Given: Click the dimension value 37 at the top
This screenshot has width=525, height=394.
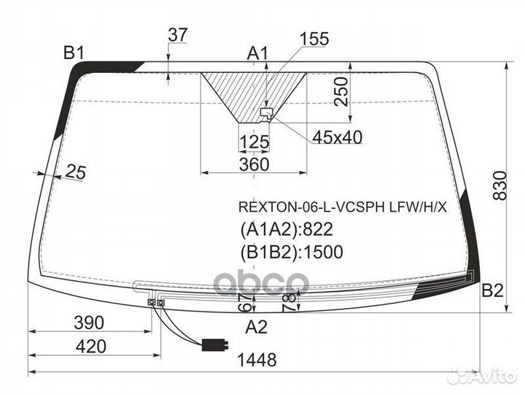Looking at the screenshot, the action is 178,34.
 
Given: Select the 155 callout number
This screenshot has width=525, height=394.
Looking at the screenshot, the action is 314,39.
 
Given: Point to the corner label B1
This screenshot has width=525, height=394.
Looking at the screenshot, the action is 74,53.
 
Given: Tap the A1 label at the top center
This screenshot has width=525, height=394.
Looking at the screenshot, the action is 257,53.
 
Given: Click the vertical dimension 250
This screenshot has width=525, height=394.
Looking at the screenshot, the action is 341,92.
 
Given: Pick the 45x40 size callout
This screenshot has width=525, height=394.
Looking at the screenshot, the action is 337,137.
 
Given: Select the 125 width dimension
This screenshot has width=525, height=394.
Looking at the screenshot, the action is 254,142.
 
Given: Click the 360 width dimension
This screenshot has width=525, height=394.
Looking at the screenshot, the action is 254,164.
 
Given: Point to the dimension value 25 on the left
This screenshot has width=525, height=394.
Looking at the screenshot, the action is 76,171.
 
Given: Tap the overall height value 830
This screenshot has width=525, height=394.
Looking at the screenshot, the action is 500,185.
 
